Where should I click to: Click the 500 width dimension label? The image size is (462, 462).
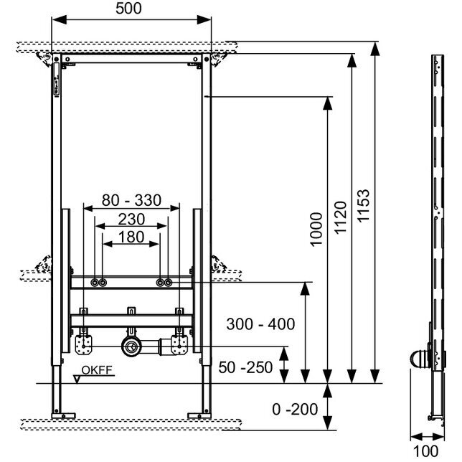128,9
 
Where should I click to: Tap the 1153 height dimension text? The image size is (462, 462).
363,205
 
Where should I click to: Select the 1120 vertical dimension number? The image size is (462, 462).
340,217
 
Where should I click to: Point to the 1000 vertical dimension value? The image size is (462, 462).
316,230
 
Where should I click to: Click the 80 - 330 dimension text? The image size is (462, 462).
131,200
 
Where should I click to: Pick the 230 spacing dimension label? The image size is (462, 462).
131,220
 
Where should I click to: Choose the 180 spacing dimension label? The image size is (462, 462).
131,237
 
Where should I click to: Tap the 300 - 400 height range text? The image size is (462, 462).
260,324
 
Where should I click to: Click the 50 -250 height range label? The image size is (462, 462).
245,367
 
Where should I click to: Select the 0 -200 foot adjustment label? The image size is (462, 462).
295,409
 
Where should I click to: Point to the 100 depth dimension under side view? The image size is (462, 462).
425,451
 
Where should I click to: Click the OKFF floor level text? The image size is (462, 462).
97,370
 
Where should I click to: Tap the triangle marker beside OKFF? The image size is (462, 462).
77,379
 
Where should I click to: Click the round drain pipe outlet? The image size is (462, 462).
131,346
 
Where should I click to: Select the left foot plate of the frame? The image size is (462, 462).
63,416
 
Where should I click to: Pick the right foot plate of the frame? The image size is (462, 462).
199,416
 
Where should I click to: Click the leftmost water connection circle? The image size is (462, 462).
95,283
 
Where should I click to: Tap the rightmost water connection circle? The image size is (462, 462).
168,283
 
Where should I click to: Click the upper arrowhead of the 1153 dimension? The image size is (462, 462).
374,49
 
